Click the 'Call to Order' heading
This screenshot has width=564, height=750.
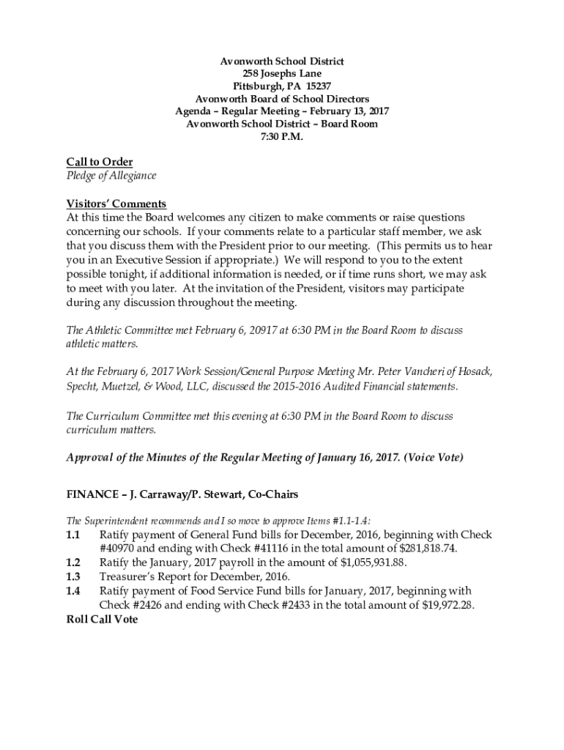tap(100, 162)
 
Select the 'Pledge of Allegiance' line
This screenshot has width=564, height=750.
tap(111, 176)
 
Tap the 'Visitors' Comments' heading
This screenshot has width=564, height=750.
tap(116, 204)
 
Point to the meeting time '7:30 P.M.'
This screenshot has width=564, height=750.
tap(281, 136)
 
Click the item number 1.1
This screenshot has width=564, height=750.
tap(73, 535)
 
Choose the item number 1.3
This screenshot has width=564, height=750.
tap(73, 576)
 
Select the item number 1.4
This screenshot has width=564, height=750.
tap(73, 590)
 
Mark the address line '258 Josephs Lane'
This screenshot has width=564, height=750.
tap(282, 74)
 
